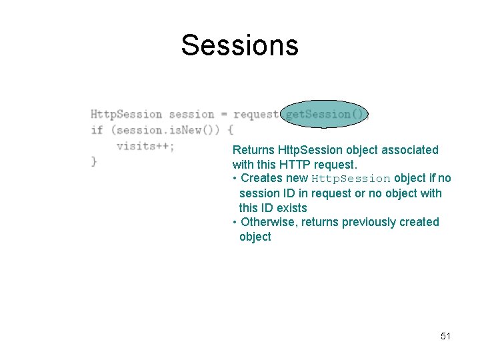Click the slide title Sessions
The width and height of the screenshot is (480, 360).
[239, 45]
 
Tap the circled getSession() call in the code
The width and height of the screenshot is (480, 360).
[325, 114]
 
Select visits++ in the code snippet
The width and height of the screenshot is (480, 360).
[145, 145]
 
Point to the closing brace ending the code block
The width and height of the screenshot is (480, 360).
[94, 161]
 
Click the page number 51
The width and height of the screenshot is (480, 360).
[445, 336]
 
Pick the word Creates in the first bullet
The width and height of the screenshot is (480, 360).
[261, 178]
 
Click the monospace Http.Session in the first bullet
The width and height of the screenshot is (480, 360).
[351, 179]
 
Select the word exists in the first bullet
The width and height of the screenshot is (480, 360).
[291, 207]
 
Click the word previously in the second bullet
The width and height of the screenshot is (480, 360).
[369, 221]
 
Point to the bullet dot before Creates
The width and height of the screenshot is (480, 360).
[235, 178]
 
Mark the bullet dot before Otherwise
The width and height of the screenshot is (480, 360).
[235, 221]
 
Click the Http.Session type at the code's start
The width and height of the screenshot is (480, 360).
[126, 114]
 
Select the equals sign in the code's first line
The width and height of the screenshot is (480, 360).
[223, 114]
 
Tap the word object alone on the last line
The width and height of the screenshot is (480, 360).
[255, 237]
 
